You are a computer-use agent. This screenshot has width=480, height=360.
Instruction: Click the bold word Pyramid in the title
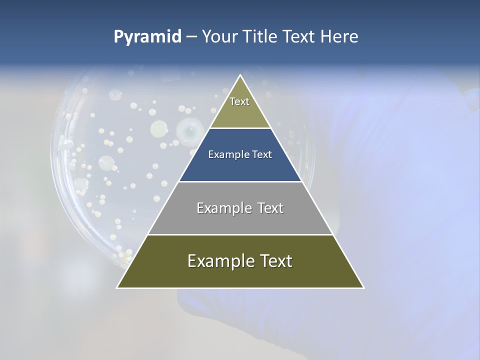click(x=147, y=37)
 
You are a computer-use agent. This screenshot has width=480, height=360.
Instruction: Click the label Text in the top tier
click(x=239, y=101)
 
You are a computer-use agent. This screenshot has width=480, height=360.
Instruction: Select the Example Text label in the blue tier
click(x=240, y=154)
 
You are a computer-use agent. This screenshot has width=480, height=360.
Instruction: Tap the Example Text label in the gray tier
click(x=240, y=208)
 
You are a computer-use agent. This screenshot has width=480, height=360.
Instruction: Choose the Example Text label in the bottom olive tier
click(x=240, y=261)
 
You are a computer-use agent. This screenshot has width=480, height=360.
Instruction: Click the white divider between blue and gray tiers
click(x=240, y=181)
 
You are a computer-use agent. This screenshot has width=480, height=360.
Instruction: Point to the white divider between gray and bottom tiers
click(x=240, y=234)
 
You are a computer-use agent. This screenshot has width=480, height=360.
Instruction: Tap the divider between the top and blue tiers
click(x=240, y=128)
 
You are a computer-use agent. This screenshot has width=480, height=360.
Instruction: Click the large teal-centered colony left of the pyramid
click(x=188, y=130)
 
